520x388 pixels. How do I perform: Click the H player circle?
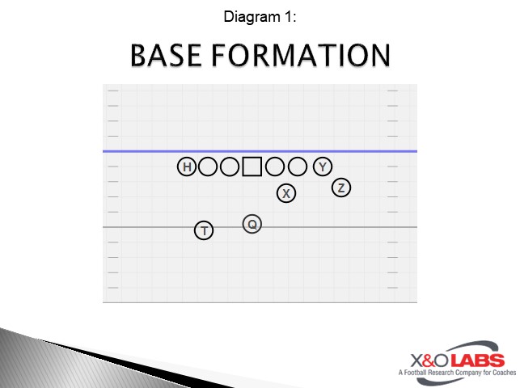click(187, 167)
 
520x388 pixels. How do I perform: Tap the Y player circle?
click(323, 167)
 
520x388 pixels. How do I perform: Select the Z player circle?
click(341, 188)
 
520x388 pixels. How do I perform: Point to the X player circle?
click(286, 193)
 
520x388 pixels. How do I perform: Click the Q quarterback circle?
click(252, 224)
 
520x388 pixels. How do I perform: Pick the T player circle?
click(204, 230)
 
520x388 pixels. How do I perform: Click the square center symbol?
click(252, 167)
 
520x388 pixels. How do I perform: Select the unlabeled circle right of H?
click(208, 167)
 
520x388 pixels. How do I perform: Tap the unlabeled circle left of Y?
click(298, 167)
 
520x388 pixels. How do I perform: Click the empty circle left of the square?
click(230, 167)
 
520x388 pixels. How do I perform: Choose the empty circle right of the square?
click(275, 167)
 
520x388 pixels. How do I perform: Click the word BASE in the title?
click(166, 55)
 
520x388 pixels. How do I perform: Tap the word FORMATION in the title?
click(301, 55)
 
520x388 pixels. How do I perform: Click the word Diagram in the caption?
click(252, 16)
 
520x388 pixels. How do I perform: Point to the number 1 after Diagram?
click(288, 16)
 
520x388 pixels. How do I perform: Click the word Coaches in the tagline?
click(504, 373)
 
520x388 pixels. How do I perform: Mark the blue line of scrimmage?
click(260, 151)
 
